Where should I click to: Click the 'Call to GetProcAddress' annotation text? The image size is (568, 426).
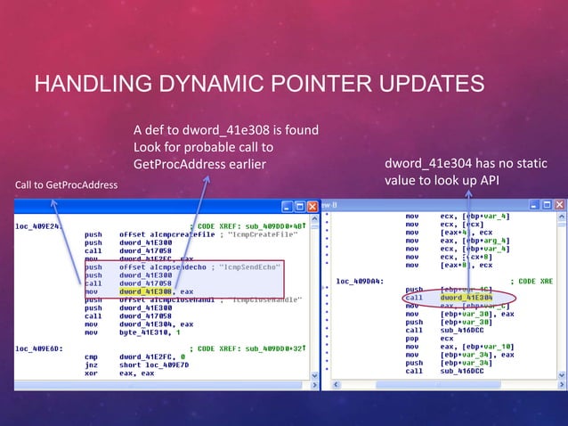(x=65, y=184)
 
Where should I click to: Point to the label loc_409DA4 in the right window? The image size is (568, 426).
(x=360, y=281)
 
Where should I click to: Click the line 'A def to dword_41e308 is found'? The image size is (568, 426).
(x=225, y=131)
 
